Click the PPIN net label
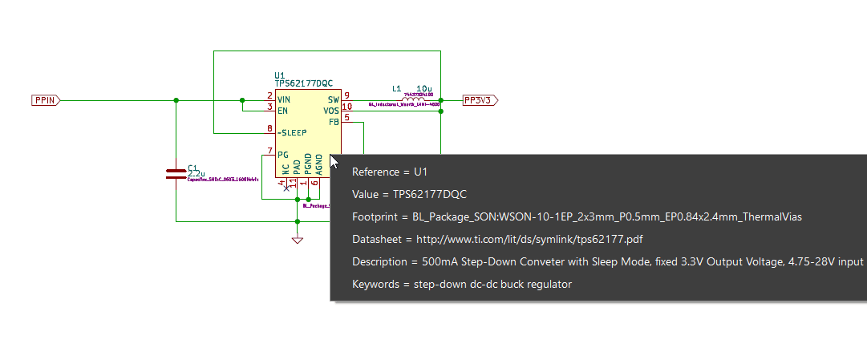pyautogui.click(x=45, y=100)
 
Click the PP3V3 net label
pyautogui.click(x=480, y=100)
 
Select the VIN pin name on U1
pyautogui.click(x=284, y=98)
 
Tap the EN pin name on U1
pyautogui.click(x=282, y=110)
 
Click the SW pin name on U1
pyautogui.click(x=333, y=98)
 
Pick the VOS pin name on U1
pyautogui.click(x=331, y=110)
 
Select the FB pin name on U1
pyautogui.click(x=334, y=121)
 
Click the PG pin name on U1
pyautogui.click(x=282, y=155)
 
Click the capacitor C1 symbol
pyautogui.click(x=175, y=174)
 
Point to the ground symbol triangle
pyautogui.click(x=298, y=240)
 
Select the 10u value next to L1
pyautogui.click(x=424, y=88)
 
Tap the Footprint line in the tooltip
pyautogui.click(x=577, y=216)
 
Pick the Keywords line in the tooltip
pyautogui.click(x=461, y=284)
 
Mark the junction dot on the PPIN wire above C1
pyautogui.click(x=176, y=100)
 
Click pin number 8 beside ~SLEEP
pyautogui.click(x=270, y=129)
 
